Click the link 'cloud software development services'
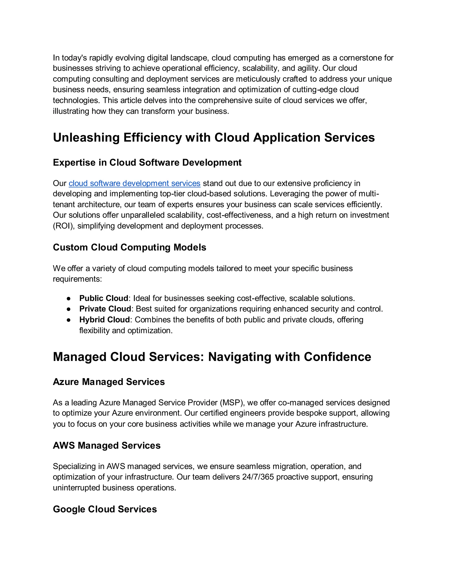134,183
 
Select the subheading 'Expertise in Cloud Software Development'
147,162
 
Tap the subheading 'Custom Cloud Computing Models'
130,247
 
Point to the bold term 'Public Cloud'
104,298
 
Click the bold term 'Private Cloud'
105,309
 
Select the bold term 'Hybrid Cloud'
104,319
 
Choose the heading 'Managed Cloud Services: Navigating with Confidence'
212,357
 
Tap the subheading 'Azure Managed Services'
109,382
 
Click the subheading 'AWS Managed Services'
107,446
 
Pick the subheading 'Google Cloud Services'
105,509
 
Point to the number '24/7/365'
258,477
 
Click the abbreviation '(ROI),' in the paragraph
64,226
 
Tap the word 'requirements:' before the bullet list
77,279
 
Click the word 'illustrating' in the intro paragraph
71,111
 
